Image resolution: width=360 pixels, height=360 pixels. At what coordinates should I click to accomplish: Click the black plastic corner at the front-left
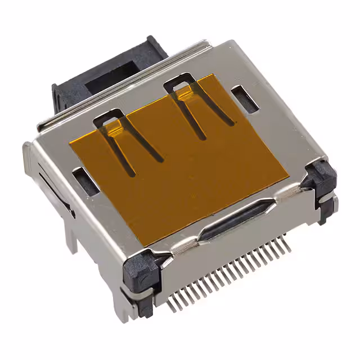[141, 270]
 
